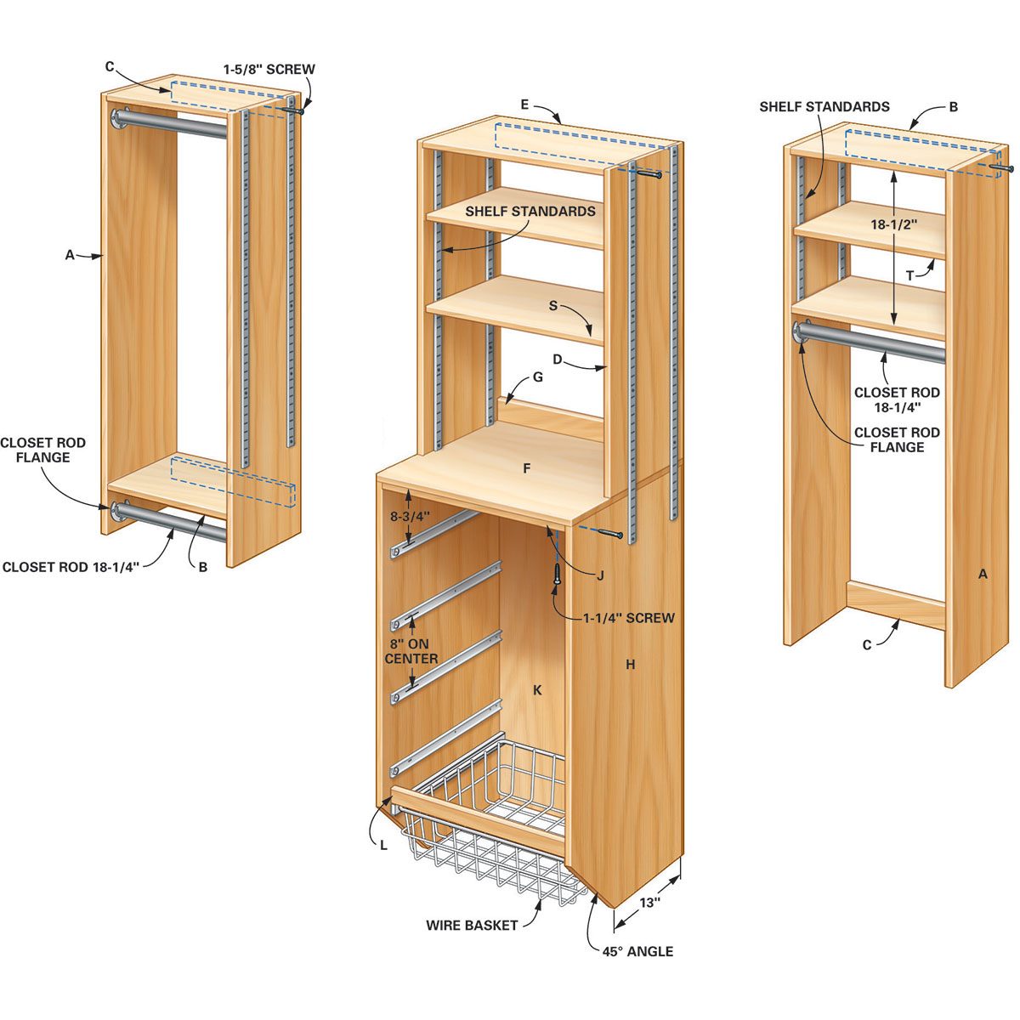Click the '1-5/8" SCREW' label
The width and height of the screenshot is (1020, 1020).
point(269,69)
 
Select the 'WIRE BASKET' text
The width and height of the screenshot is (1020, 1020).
point(472,925)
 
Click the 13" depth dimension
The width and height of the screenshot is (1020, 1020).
point(649,904)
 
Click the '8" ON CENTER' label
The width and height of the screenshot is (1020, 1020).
point(411,651)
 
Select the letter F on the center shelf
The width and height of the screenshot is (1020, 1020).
point(527,468)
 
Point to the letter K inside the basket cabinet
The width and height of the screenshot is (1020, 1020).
point(537,690)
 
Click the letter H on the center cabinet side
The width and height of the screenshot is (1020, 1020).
point(630,665)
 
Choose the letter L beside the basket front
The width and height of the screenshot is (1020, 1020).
point(384,845)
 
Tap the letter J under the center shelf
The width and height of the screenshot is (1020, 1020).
point(600,575)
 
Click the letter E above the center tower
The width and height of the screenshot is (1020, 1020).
point(524,105)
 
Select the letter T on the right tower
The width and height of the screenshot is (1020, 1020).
point(909,275)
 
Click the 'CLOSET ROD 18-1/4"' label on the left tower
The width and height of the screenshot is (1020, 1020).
point(71,567)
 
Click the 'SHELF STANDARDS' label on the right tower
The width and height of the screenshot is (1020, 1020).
point(824,107)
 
